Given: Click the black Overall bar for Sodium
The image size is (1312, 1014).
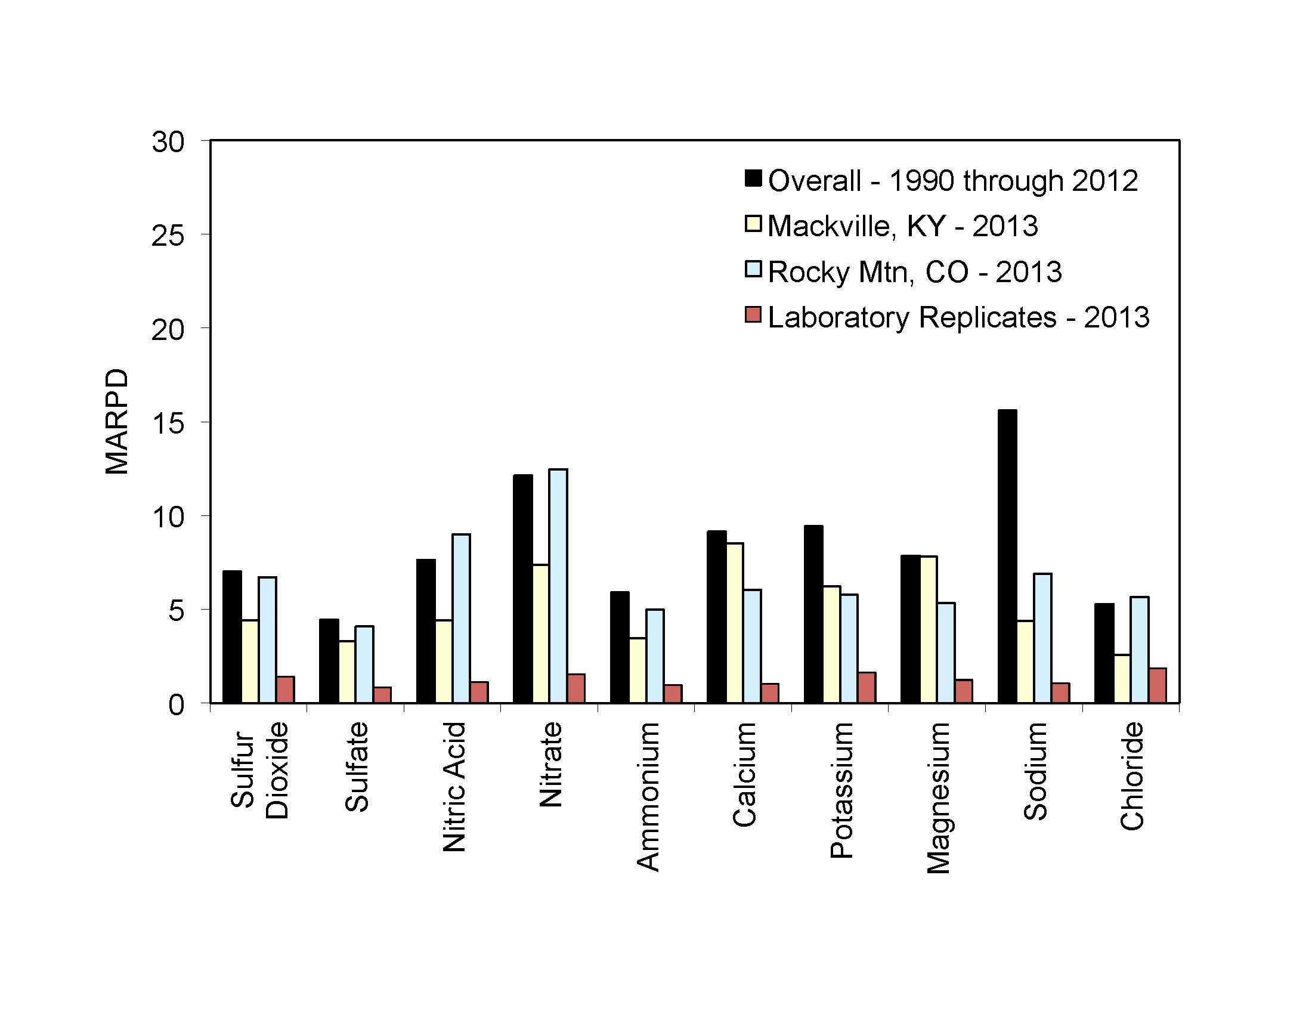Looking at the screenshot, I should tap(1007, 557).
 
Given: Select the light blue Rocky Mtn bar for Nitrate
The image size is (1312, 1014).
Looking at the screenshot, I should tap(558, 586).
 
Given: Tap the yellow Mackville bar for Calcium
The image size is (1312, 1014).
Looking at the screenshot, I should tap(734, 623).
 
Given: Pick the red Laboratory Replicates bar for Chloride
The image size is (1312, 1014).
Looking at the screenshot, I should tap(1158, 685).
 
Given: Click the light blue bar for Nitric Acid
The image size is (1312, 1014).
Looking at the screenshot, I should tap(461, 618).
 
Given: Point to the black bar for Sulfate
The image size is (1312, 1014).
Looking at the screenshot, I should tap(329, 661).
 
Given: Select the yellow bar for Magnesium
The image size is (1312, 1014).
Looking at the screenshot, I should tap(928, 629).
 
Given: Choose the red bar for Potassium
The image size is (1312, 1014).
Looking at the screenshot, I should tap(867, 687).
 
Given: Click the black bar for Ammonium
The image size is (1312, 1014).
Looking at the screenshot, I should tap(620, 647).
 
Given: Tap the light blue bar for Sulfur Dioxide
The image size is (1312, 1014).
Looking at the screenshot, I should tap(267, 640).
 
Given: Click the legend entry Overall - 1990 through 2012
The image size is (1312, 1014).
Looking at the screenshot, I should tap(952, 181).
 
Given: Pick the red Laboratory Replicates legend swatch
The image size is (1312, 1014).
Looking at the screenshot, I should tap(753, 315).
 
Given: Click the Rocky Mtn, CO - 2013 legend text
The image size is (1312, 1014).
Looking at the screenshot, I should tap(914, 272).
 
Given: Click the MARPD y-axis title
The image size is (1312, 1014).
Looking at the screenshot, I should tap(116, 422).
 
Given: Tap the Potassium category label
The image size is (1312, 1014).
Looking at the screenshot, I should tap(841, 790).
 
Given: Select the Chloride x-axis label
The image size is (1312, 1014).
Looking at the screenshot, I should tap(1132, 776).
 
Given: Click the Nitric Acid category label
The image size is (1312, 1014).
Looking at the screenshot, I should tap(454, 787).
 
